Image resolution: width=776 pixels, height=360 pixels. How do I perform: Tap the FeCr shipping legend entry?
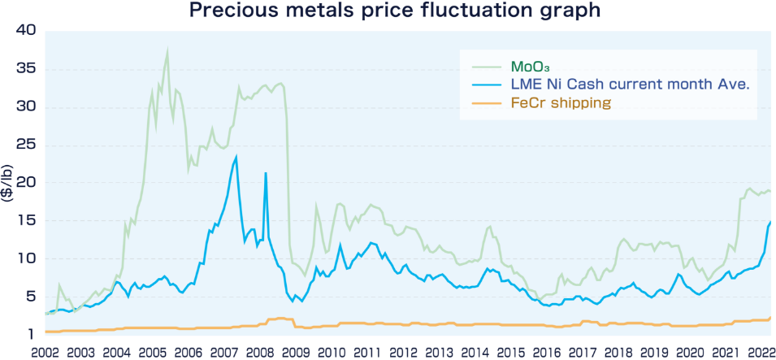coord(561,103)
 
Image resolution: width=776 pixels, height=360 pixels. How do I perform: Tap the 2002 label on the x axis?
coord(46,352)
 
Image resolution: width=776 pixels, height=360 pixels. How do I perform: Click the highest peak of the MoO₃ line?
coord(167,50)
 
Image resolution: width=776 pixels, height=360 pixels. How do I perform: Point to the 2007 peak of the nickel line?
coord(236,157)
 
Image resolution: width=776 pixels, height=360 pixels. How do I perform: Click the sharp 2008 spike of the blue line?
coord(266,173)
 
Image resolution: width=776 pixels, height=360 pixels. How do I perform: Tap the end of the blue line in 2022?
coord(770,221)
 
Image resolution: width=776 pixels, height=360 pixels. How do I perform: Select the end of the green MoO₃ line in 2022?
coord(770,191)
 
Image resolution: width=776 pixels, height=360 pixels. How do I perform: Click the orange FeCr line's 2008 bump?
coord(280,319)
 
